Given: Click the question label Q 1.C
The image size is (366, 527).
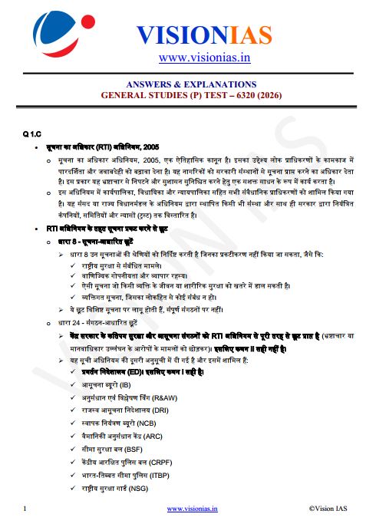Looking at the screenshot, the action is [33, 134].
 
